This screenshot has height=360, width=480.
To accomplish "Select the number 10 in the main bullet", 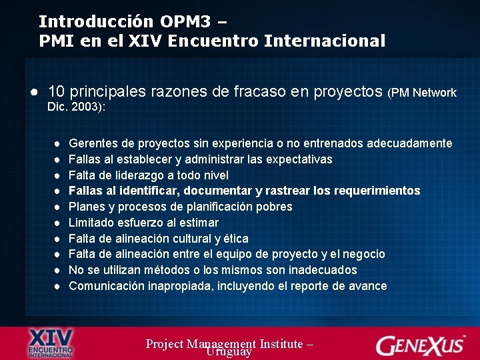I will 57,93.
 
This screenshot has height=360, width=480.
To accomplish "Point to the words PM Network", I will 424,93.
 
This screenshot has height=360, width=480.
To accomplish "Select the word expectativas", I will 299,159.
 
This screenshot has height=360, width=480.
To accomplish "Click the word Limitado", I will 91,223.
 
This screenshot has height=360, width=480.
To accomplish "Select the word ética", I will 236,239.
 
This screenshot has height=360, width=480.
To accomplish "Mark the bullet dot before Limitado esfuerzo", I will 59,223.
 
